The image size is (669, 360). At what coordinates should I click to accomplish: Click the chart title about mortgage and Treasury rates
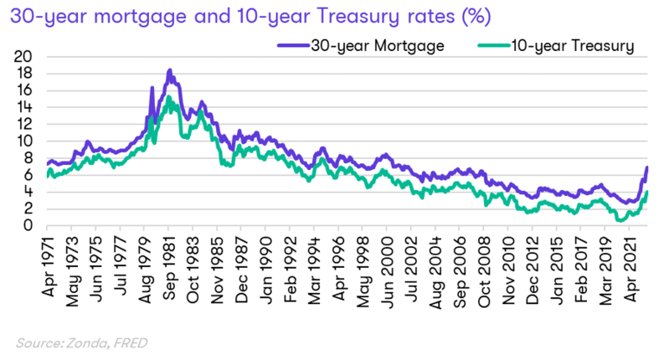[250, 17]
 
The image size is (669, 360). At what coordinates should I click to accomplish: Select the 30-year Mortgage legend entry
[361, 46]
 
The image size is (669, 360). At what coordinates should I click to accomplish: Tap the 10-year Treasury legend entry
[556, 46]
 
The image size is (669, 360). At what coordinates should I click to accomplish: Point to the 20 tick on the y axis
[23, 56]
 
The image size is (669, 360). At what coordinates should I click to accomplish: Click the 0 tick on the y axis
[28, 225]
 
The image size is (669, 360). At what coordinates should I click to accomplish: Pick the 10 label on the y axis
[24, 141]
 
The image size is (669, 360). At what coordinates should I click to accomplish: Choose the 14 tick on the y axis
[24, 107]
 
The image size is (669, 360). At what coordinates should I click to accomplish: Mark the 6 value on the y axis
[28, 174]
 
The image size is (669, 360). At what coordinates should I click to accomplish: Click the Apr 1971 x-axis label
[49, 266]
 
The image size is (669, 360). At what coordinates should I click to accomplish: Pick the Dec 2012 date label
[533, 270]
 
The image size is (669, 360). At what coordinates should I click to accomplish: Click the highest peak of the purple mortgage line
[170, 69]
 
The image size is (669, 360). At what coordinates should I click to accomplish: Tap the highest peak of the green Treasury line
[168, 97]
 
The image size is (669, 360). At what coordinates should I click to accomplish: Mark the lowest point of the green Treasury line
[620, 220]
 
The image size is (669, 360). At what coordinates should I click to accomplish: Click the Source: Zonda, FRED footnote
[82, 343]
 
